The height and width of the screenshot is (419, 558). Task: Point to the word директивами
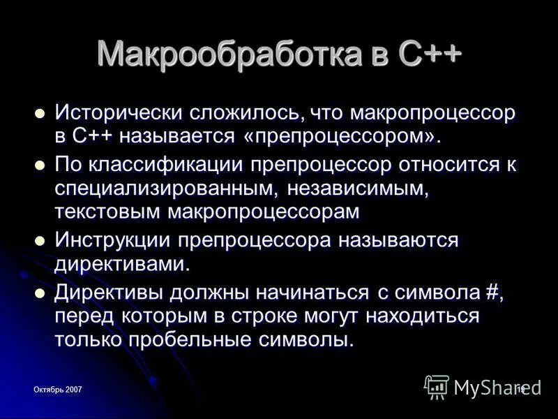click(x=122, y=264)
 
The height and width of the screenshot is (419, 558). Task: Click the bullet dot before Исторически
click(x=40, y=112)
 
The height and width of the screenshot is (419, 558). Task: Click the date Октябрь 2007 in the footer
click(x=59, y=390)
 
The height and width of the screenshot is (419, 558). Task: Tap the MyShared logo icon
click(x=437, y=386)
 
